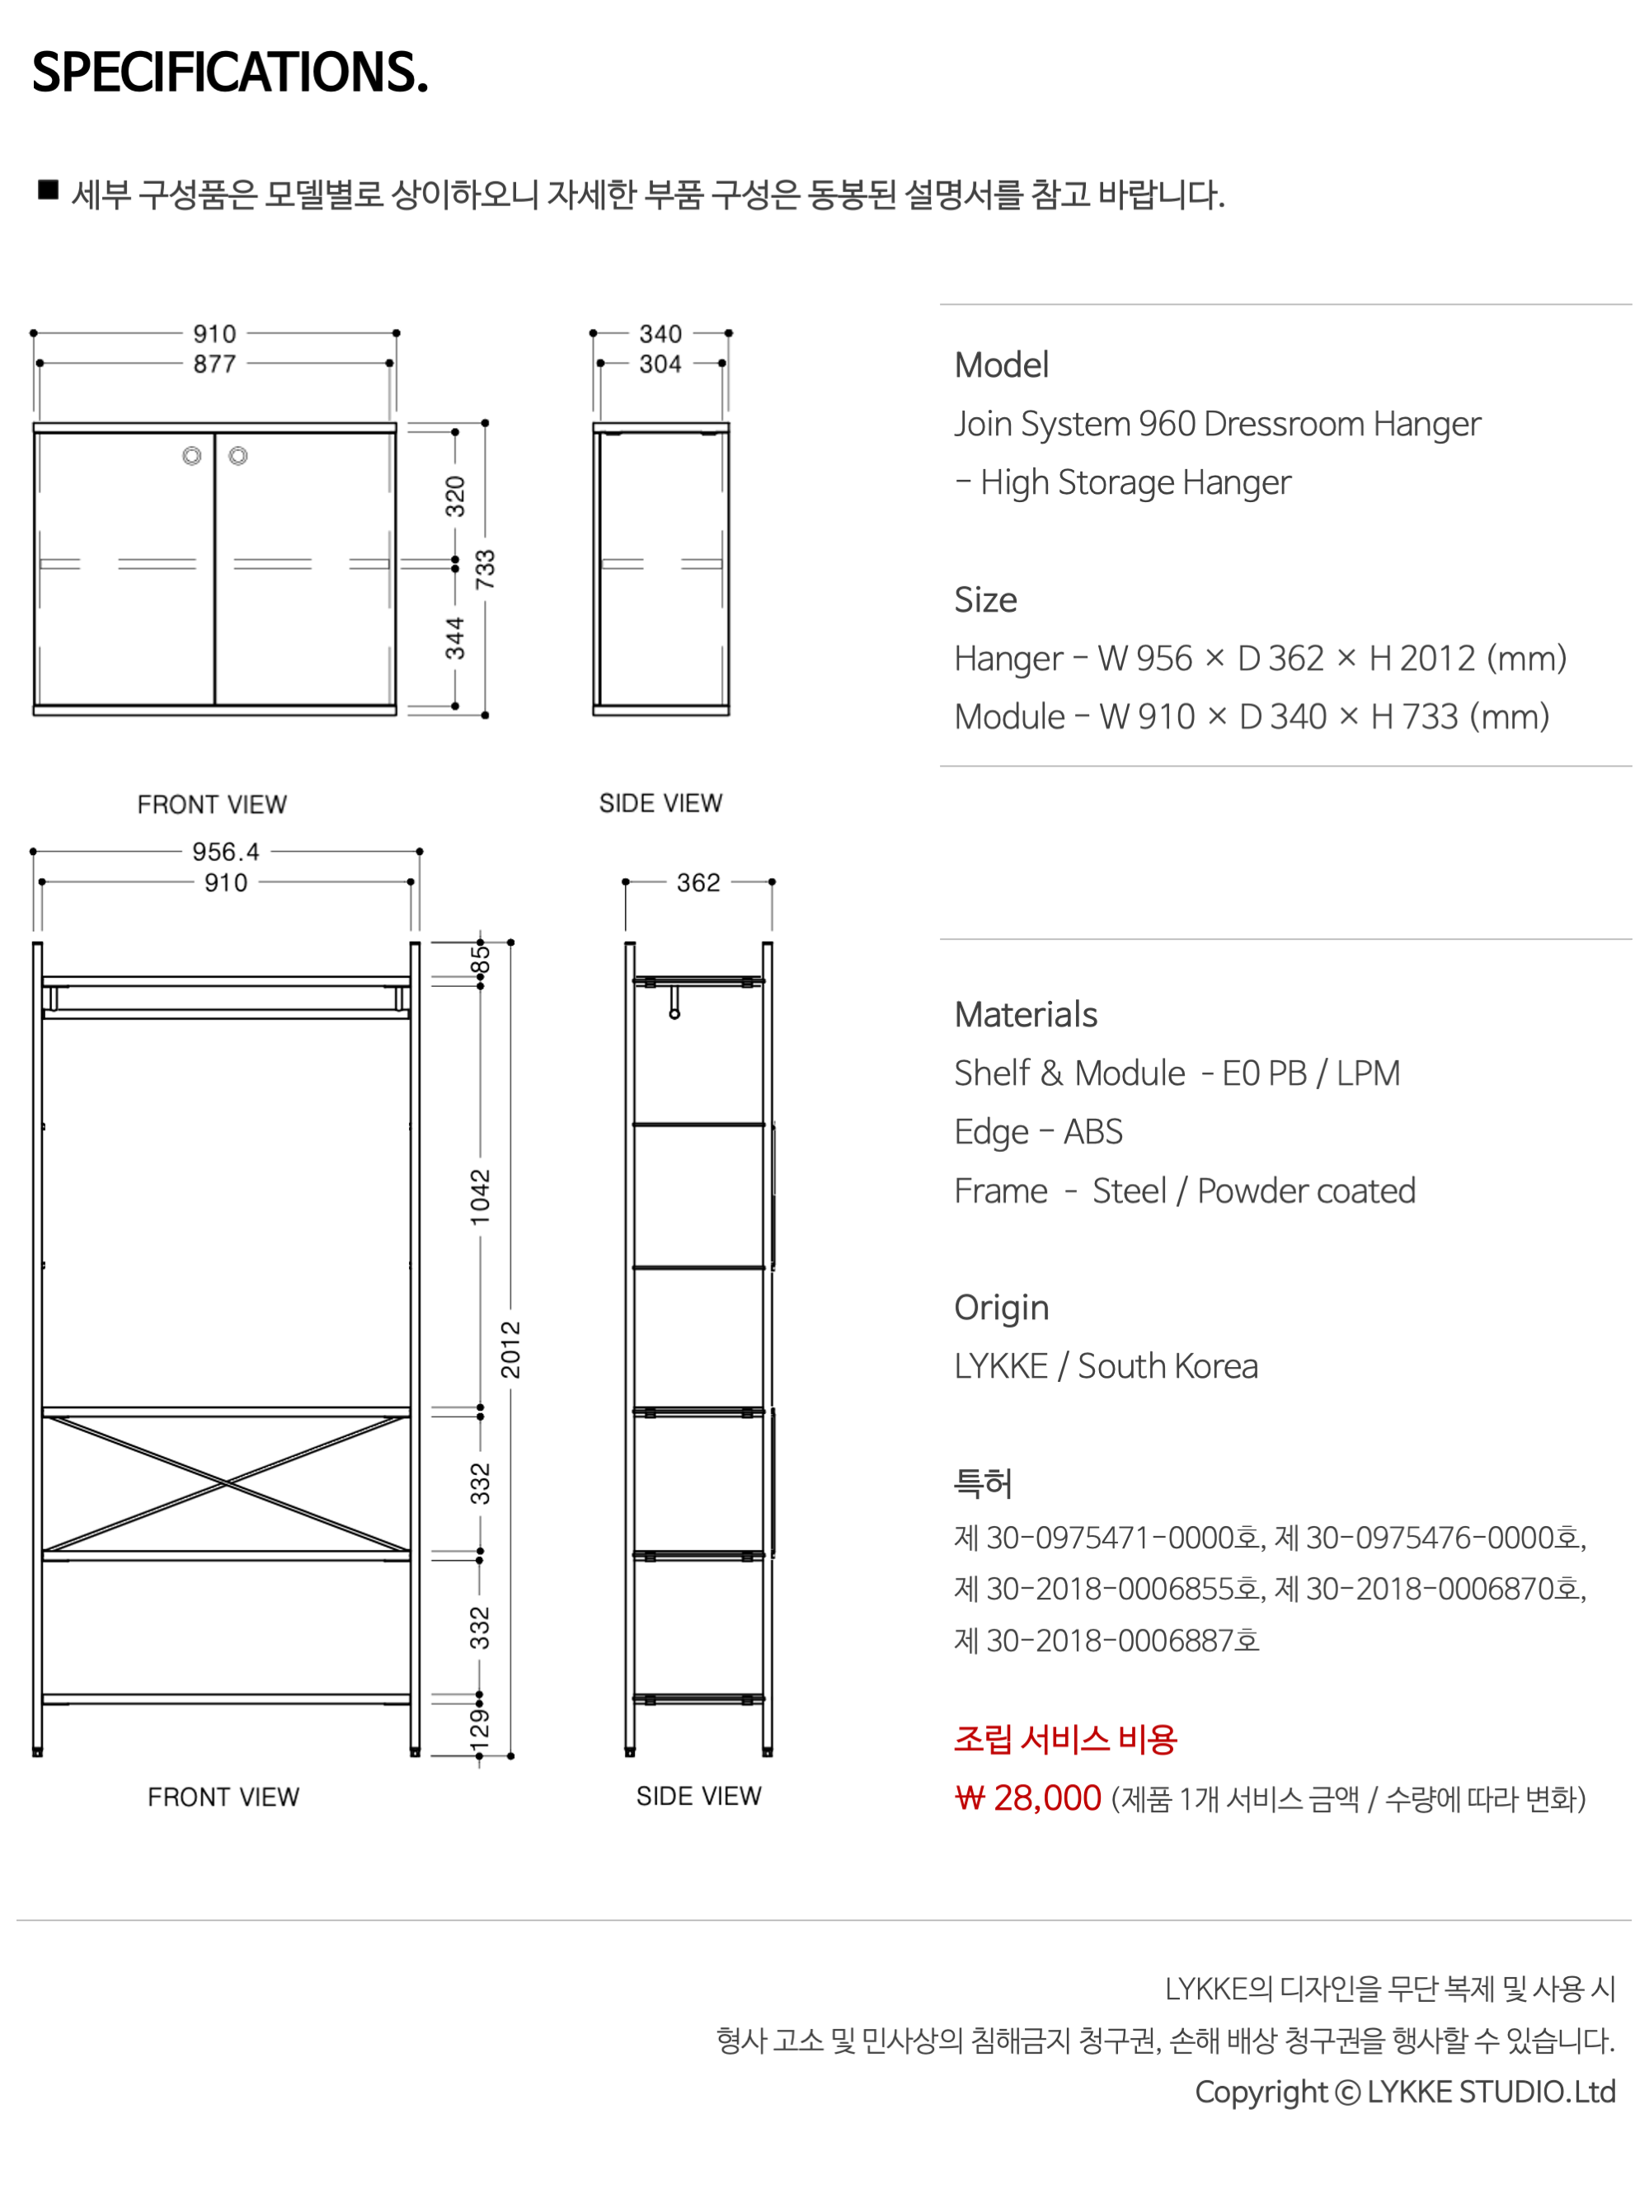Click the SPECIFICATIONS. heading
[231, 72]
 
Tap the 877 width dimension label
[214, 364]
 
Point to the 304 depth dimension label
[660, 364]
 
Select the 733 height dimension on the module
[485, 569]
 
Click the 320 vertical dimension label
[455, 496]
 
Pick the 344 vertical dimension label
[455, 638]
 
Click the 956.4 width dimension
[226, 852]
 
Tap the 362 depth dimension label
[698, 882]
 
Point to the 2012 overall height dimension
[511, 1350]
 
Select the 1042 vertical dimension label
[482, 1197]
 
